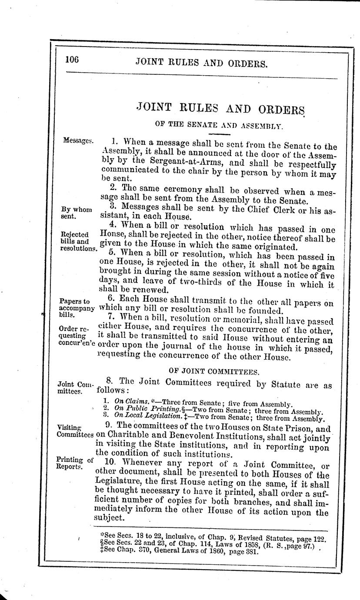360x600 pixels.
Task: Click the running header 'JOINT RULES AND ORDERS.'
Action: [x=201, y=63]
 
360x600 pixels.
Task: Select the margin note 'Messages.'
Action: [x=78, y=140]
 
